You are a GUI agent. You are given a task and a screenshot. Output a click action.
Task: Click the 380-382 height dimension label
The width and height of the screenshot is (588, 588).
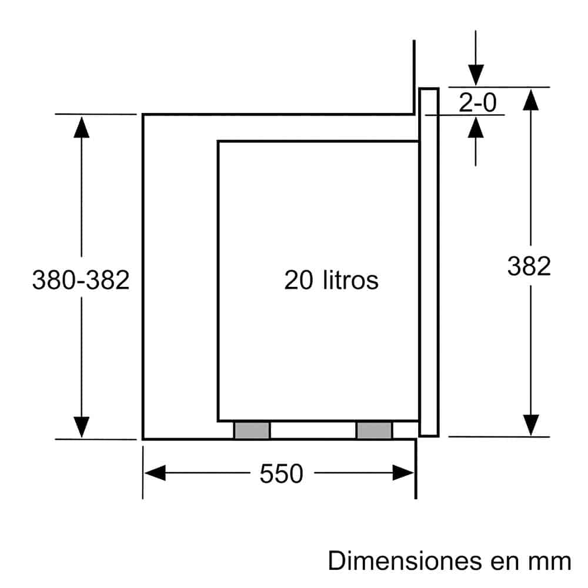(81, 280)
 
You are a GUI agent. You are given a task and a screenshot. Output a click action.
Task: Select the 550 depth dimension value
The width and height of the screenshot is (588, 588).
(281, 473)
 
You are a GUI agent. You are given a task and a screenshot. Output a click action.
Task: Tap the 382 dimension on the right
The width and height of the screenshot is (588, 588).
(529, 266)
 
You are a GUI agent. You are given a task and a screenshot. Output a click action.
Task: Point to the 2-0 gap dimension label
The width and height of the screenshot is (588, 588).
(477, 103)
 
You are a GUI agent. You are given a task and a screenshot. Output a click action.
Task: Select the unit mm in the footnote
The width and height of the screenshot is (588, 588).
(552, 562)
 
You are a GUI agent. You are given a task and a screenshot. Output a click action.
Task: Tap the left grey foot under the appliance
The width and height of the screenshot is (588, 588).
(252, 430)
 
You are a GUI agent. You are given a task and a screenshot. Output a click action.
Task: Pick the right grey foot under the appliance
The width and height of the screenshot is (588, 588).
(374, 430)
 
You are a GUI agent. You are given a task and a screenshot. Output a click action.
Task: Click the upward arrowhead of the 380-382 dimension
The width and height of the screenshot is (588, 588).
(81, 126)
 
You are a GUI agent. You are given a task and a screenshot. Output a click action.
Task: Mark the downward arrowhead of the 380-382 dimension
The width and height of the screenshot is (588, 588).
(81, 426)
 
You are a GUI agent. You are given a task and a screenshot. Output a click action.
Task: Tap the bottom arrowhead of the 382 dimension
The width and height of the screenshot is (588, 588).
(531, 425)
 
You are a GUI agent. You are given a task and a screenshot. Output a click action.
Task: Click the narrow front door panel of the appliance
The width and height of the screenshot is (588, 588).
(429, 262)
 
